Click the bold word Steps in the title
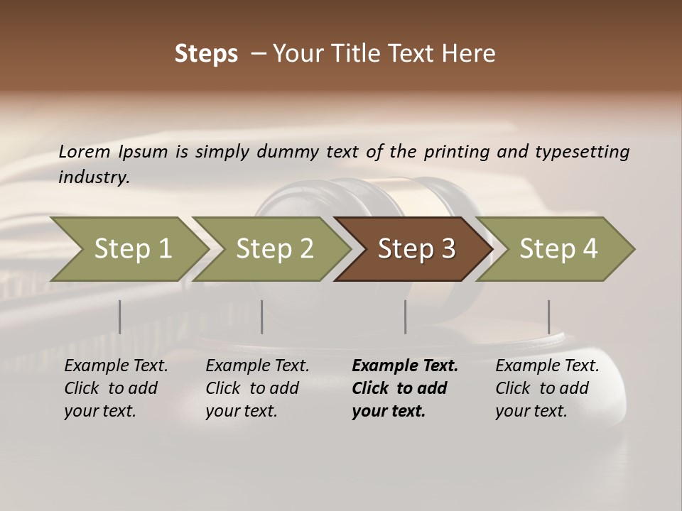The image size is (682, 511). pyautogui.click(x=206, y=54)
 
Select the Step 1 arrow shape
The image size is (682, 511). pyautogui.click(x=128, y=249)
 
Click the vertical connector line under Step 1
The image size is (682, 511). pyautogui.click(x=120, y=317)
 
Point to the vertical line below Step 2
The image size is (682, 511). pyautogui.click(x=262, y=317)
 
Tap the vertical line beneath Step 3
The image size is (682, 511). pyautogui.click(x=405, y=317)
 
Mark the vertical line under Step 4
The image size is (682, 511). pyautogui.click(x=548, y=317)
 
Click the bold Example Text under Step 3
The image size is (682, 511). pyautogui.click(x=405, y=366)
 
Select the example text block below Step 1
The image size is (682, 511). pyautogui.click(x=116, y=388)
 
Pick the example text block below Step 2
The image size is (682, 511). pyautogui.click(x=257, y=388)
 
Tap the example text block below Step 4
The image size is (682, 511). pyautogui.click(x=547, y=388)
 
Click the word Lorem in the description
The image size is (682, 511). pyautogui.click(x=85, y=152)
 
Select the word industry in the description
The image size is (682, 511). pyautogui.click(x=93, y=177)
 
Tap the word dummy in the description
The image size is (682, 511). pyautogui.click(x=287, y=152)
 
